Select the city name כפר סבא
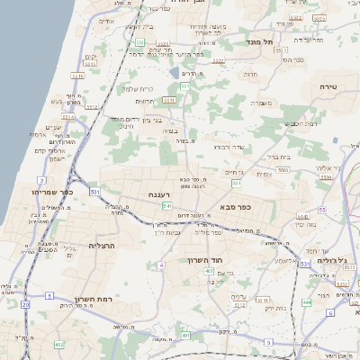235,206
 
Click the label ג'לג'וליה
332,261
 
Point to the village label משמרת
261,104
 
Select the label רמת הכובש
298,123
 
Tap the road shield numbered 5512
67,116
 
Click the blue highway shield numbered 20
25,304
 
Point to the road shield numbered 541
167,206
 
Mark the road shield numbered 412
60,343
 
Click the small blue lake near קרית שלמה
174,70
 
